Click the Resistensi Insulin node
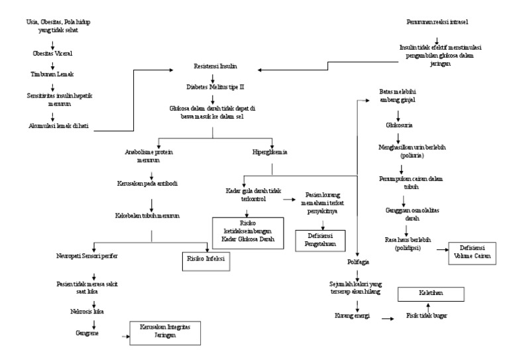[x=213, y=68]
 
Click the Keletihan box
[x=430, y=294]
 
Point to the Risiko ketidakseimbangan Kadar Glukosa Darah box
[x=246, y=230]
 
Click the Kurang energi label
[x=347, y=316]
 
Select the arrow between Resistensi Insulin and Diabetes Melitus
[x=213, y=77]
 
